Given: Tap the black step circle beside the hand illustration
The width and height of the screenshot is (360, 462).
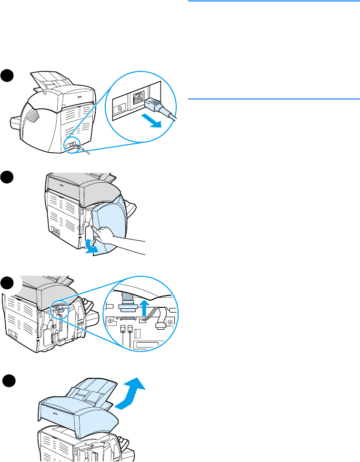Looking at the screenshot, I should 8,178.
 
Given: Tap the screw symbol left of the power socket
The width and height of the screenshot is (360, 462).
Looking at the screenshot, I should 120,108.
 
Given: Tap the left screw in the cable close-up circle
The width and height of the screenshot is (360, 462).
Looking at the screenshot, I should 110,322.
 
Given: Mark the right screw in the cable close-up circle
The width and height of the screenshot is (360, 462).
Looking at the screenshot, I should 171,321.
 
